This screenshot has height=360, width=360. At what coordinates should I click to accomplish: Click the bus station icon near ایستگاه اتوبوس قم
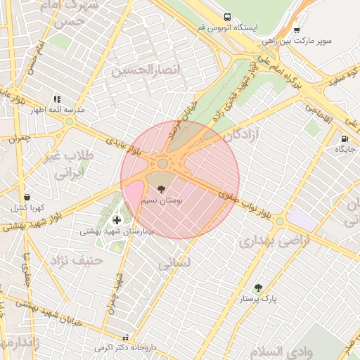point(227,17)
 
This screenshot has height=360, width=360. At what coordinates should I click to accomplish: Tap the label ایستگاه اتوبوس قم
point(227,27)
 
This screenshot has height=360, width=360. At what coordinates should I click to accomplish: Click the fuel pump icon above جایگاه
point(345,139)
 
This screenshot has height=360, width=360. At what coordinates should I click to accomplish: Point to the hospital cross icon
point(116,220)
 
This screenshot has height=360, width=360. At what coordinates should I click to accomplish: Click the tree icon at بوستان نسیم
point(162,189)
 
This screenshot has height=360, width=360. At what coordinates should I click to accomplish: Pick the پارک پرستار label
point(259,299)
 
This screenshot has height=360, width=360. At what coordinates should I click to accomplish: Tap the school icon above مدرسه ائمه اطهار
point(56,100)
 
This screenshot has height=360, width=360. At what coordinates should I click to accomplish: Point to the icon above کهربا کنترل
point(27,198)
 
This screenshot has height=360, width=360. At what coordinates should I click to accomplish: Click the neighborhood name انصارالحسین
point(146,70)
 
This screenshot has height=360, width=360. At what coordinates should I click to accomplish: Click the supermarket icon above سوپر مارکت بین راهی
point(297,30)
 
